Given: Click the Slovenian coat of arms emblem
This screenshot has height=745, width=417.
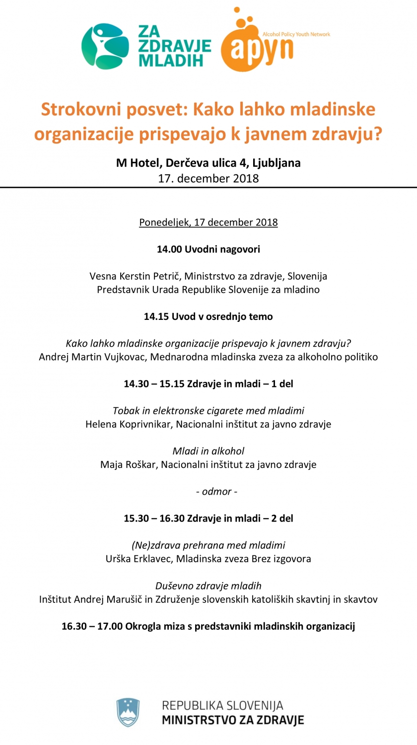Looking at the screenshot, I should point(128,713).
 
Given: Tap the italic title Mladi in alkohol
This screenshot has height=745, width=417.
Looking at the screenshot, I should point(208,451).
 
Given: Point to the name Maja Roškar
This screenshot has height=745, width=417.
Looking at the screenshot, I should point(129,464).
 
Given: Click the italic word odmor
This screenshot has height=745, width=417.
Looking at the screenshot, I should point(216,491).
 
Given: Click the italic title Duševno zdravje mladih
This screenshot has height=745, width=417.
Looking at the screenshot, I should point(208,586).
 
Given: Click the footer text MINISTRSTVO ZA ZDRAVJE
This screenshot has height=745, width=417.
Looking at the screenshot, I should point(233,720).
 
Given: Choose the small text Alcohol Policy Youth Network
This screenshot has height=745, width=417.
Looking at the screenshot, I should point(296,34).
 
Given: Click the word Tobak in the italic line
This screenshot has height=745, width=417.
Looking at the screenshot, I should point(125,411).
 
